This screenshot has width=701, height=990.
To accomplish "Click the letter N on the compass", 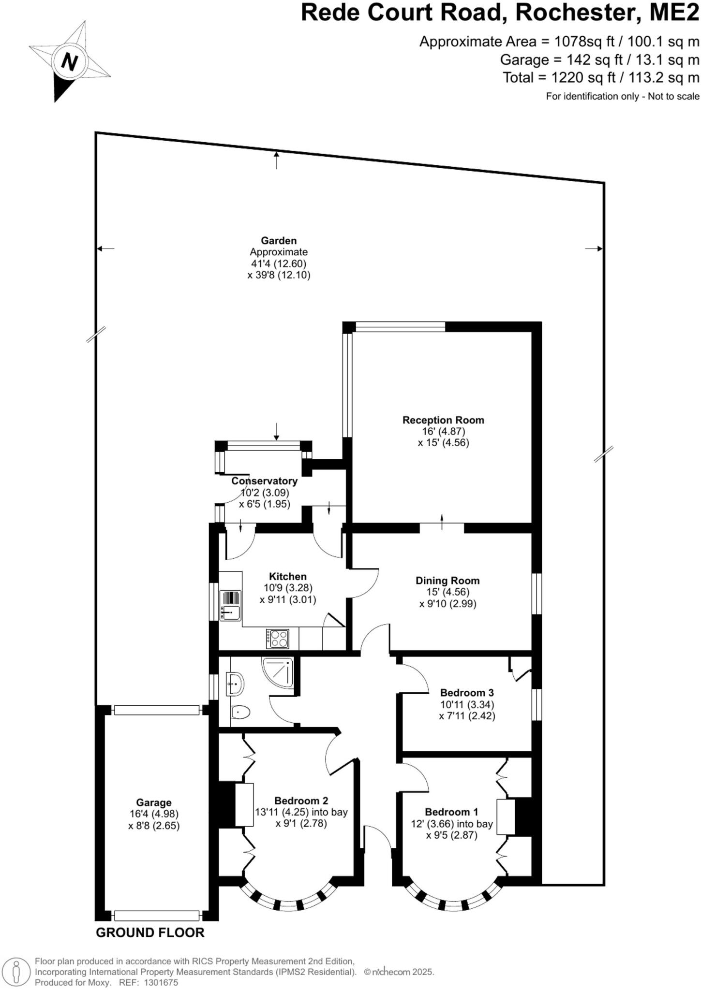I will pos(70,62).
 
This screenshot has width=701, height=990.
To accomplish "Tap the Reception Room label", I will pos(443,420).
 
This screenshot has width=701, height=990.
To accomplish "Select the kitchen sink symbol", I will pos(230,605).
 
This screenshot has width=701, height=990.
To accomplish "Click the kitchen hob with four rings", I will pos(278,639).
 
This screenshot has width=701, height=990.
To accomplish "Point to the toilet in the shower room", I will pos(240,712).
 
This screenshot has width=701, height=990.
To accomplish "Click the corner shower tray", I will pos(279,673).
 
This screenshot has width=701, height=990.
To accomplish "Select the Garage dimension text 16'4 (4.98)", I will pos(153,814).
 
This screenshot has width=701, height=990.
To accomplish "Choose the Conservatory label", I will pos(264,481).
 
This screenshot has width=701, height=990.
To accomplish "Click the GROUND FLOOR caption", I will pos(150,932).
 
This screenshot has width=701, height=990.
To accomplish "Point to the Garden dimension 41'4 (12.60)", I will pos(278,263).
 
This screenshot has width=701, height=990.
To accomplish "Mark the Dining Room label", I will pos(447,581).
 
